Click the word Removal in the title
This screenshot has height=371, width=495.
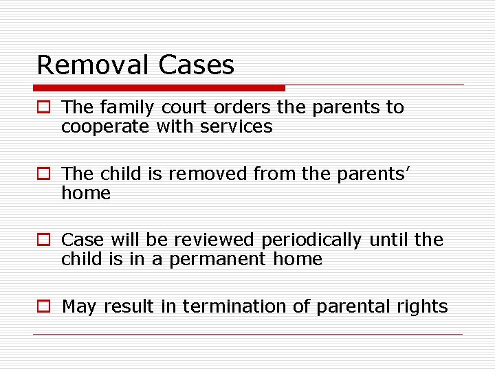(93, 65)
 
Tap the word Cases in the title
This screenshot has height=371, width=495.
(196, 65)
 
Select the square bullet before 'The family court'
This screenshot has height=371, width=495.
(44, 108)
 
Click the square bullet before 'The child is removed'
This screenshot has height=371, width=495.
(44, 175)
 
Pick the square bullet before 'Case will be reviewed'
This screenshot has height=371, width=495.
(44, 240)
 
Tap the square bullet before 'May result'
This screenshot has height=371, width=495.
(44, 307)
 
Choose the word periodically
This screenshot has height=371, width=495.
(312, 240)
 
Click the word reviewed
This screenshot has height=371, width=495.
(214, 240)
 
